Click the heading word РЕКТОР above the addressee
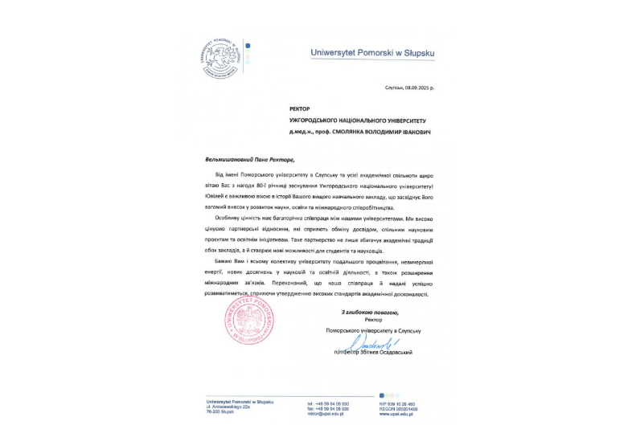coord(299,107)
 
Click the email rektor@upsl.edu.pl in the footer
coord(325,415)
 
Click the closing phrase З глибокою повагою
coord(370,311)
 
